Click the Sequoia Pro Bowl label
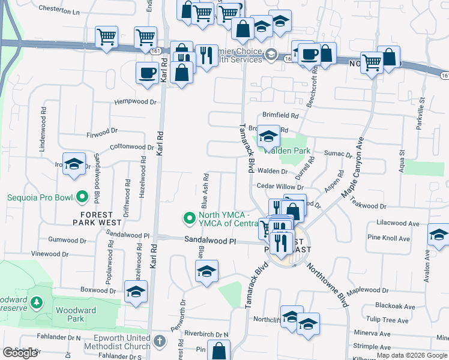36,197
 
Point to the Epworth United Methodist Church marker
159,341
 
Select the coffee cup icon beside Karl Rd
147,73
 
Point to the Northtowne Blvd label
327,284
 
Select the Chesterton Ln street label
59,10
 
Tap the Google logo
20,353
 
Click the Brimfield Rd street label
280,115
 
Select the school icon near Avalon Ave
438,236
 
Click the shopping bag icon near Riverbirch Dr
220,351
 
